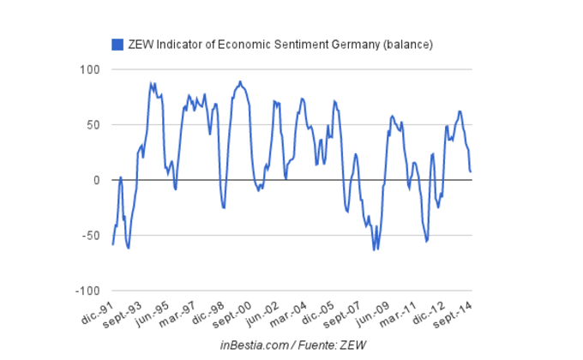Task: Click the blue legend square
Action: coord(117,44)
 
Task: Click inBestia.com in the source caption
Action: coord(254,345)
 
